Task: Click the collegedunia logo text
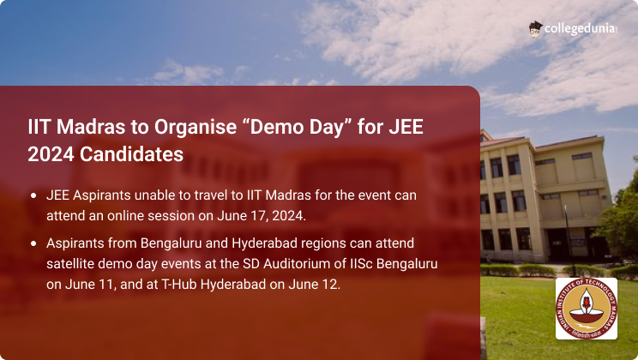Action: tap(581, 29)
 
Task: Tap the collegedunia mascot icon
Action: tap(536, 29)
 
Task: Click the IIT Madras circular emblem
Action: tap(587, 309)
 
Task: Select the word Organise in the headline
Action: tap(196, 127)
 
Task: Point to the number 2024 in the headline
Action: tap(51, 154)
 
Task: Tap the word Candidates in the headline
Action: tap(131, 154)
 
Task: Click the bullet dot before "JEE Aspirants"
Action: tap(33, 195)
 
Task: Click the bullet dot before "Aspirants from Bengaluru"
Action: tap(33, 243)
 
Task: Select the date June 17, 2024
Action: tap(261, 216)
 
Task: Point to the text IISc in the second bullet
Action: tap(361, 264)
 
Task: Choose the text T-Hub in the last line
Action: tap(179, 284)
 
